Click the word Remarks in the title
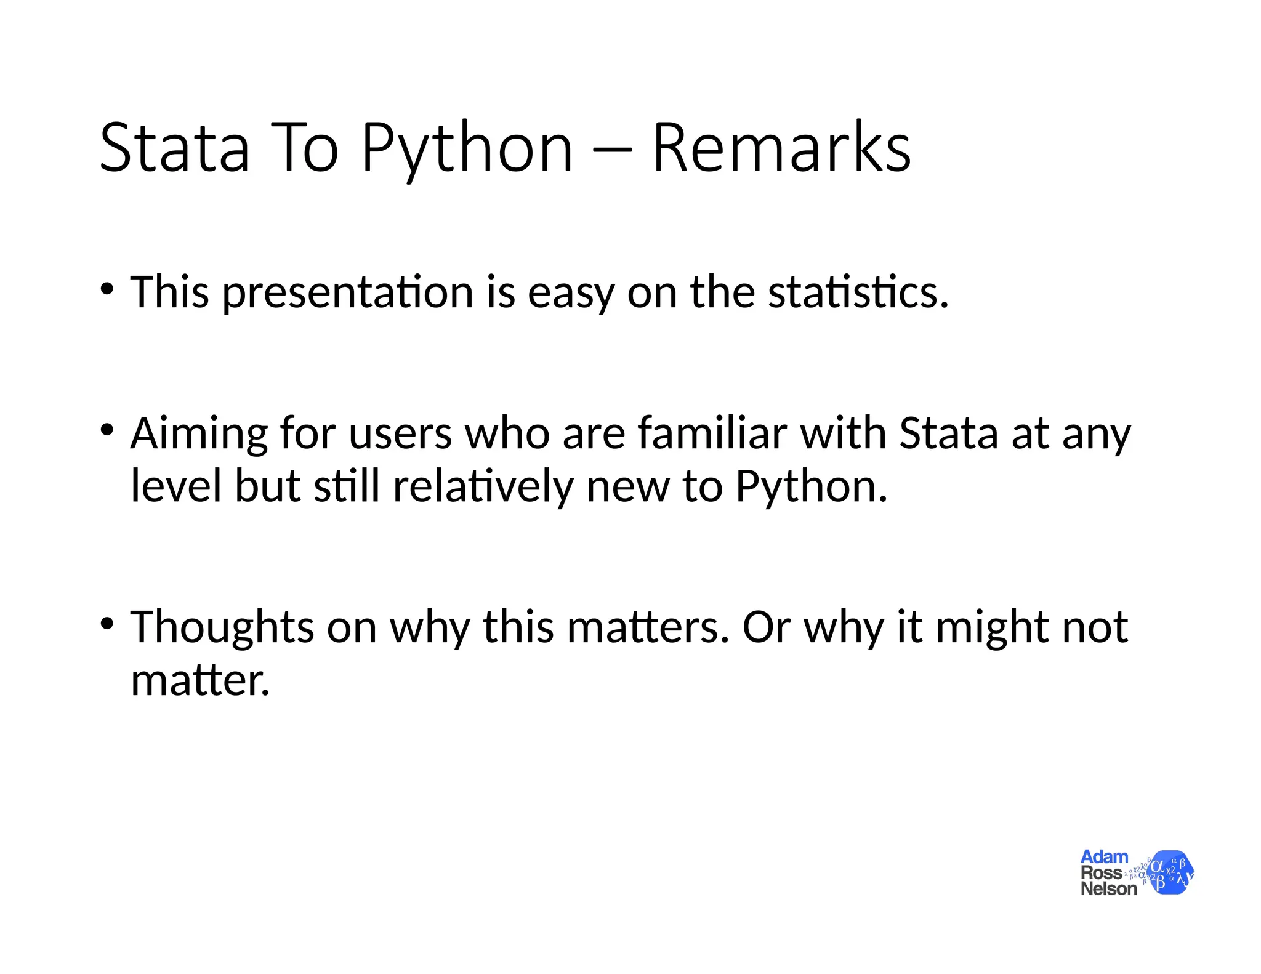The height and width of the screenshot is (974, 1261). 781,148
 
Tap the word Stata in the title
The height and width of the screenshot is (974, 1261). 174,148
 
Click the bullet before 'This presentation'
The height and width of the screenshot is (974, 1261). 107,289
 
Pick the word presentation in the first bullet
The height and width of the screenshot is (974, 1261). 347,293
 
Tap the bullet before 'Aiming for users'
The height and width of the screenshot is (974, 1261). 107,430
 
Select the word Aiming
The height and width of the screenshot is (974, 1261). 198,434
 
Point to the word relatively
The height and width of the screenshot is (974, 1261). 482,486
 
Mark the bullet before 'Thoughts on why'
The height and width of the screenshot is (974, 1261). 107,624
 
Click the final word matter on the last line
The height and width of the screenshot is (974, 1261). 200,681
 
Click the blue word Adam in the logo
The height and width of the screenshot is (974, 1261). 1104,856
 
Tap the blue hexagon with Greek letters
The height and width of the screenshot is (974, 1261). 1170,872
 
